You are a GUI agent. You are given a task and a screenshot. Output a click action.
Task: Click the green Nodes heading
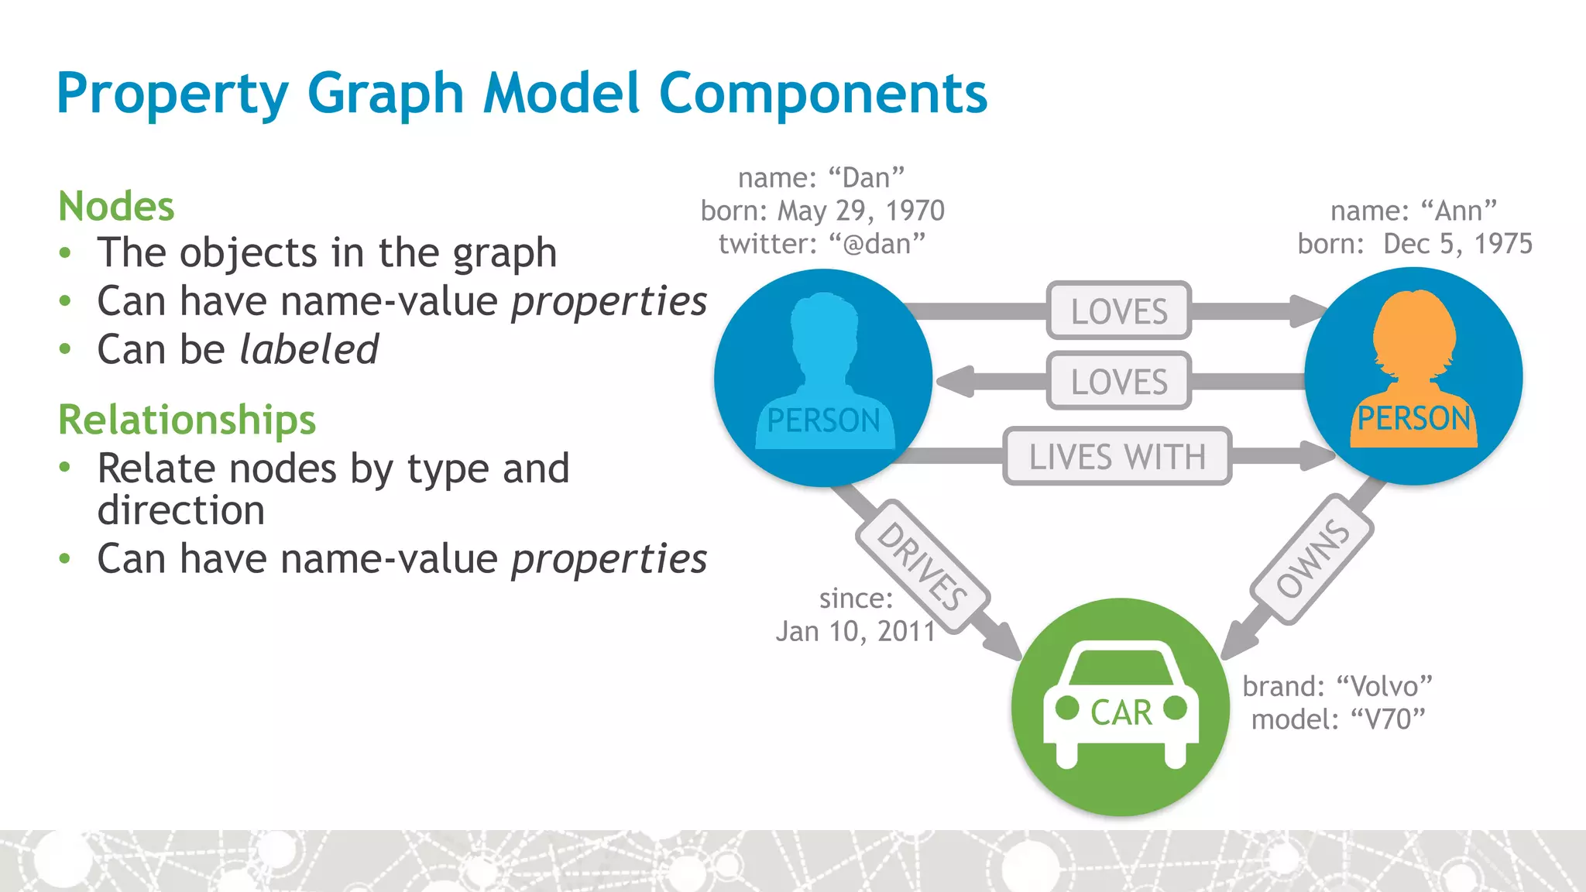click(x=116, y=207)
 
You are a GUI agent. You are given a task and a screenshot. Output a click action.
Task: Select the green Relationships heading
click(x=187, y=420)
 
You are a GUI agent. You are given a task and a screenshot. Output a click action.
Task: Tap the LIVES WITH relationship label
click(x=1117, y=456)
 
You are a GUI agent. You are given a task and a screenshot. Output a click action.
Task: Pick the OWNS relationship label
click(x=1312, y=559)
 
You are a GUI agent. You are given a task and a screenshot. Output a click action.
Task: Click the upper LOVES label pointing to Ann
click(x=1118, y=311)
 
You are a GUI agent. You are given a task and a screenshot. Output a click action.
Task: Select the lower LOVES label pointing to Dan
click(x=1118, y=381)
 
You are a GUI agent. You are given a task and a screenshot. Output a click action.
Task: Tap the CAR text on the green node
click(x=1121, y=712)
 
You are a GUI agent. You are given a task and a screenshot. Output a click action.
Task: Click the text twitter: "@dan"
click(x=822, y=244)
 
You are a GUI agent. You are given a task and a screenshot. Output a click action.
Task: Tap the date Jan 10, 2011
click(x=856, y=631)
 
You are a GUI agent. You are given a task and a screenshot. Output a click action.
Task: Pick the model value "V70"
click(x=1388, y=719)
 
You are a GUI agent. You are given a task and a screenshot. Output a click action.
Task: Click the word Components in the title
click(x=822, y=93)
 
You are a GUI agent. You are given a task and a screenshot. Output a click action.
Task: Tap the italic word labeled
click(x=309, y=349)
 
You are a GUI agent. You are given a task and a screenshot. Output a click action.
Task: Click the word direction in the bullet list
click(x=181, y=510)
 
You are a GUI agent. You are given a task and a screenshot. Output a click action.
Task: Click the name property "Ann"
click(x=1459, y=211)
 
